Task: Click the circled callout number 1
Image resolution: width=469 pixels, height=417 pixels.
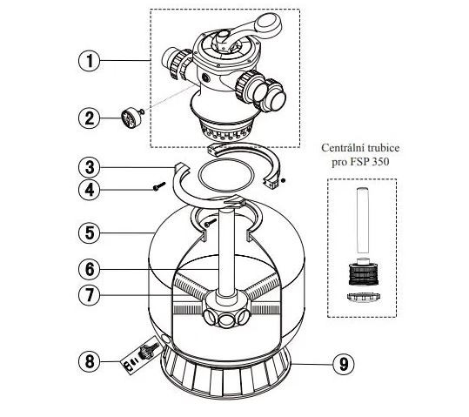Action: (90, 61)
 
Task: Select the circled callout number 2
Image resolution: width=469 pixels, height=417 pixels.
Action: (90, 118)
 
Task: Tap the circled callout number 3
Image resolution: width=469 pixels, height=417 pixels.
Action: (90, 167)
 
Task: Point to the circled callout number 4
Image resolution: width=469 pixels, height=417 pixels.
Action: (90, 190)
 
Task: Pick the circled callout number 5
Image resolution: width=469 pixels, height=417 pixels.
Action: (90, 232)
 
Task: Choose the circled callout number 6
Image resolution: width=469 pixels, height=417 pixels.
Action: (90, 269)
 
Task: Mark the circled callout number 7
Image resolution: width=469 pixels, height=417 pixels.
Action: (90, 295)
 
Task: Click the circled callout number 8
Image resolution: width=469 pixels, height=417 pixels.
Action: (90, 361)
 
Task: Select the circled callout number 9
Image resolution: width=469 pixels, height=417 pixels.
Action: (344, 364)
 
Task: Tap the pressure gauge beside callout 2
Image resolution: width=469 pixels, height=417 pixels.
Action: (131, 118)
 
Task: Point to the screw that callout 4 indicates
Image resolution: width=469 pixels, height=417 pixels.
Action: (159, 186)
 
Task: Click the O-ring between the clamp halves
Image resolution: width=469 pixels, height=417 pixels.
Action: (226, 175)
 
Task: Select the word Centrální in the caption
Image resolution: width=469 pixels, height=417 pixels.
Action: (340, 148)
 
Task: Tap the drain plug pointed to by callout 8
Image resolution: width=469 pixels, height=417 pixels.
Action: (146, 351)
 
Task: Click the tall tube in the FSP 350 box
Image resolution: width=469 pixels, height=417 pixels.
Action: (363, 221)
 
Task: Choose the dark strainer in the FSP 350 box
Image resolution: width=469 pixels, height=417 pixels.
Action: (364, 273)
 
